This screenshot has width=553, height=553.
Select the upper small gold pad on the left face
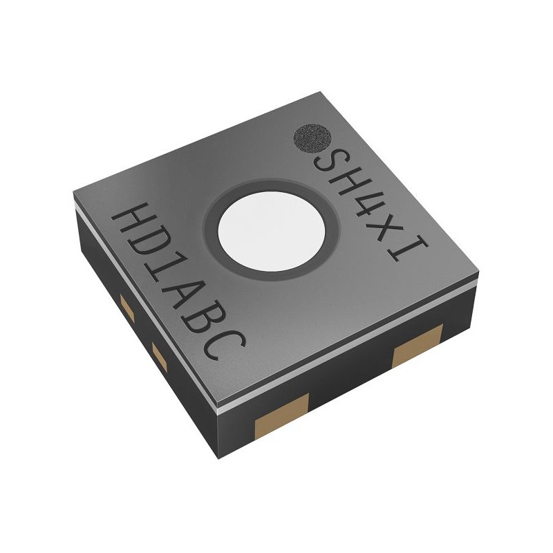tap(126, 308)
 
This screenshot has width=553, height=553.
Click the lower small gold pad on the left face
tap(157, 357)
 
